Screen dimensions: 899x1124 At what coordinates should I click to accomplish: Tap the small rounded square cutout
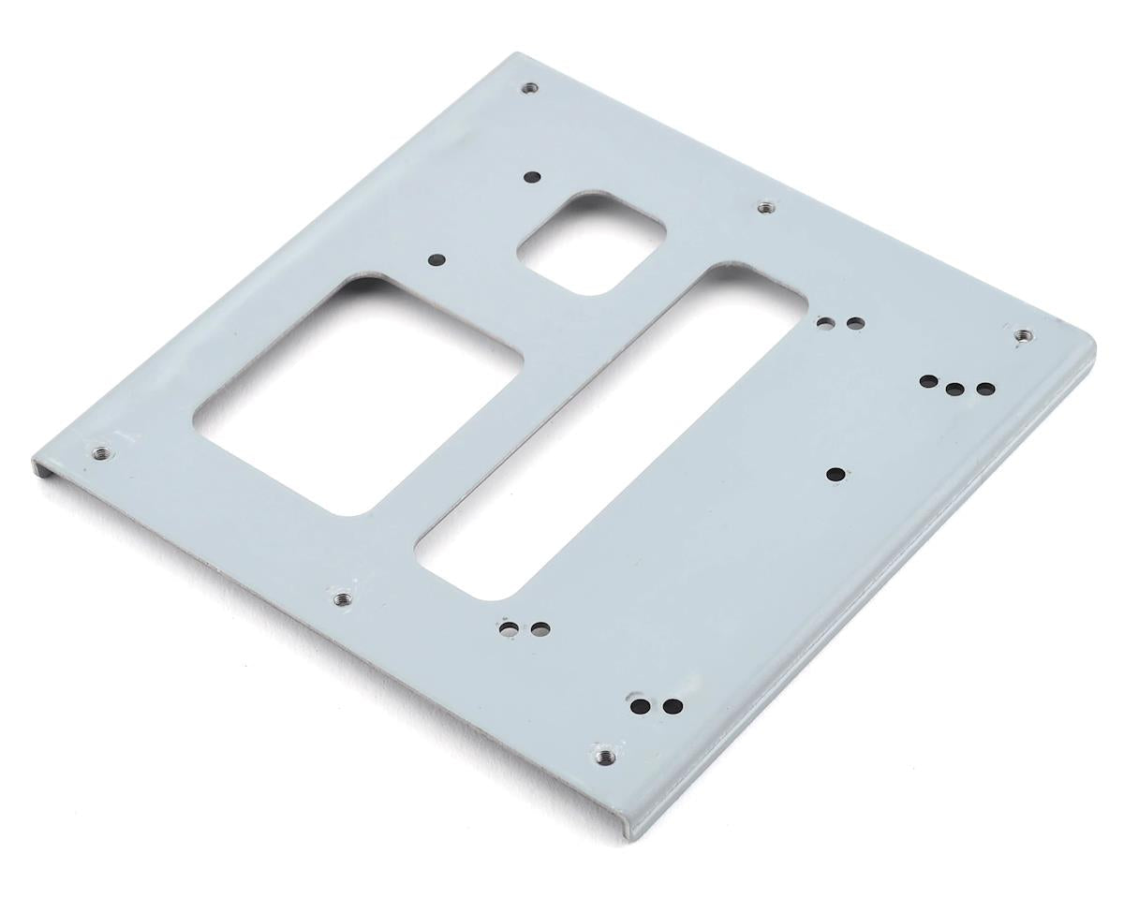coord(591,243)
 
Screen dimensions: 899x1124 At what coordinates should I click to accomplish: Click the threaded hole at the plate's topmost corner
coord(530,89)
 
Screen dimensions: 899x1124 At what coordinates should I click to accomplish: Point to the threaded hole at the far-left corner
coord(100,453)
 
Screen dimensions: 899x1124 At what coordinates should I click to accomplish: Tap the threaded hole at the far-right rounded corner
coord(1023,334)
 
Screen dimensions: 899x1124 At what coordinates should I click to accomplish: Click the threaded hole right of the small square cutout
coord(765,205)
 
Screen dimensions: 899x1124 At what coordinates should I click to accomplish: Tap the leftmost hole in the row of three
coord(929,382)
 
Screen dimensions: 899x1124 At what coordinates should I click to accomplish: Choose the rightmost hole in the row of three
coord(983,389)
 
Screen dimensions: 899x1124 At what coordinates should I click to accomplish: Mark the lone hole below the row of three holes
coord(835,474)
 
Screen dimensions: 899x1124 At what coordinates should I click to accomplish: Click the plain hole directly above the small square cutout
coord(531,176)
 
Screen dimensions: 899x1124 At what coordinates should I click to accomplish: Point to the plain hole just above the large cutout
coord(436,261)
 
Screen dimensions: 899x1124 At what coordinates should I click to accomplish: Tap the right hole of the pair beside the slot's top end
coord(854,324)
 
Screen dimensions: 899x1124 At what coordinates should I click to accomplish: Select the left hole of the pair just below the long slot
coord(510,626)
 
